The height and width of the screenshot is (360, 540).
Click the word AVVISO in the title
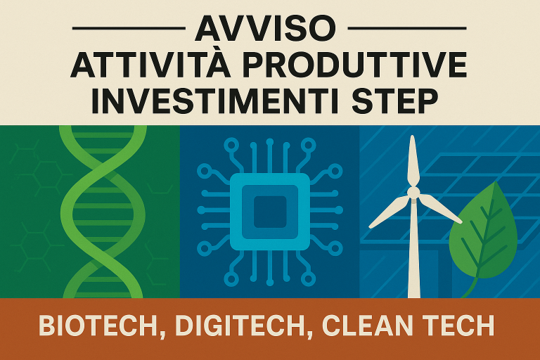click(265, 29)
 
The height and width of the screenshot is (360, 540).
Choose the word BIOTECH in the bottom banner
click(98, 325)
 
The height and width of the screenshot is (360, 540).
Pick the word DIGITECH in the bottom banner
click(240, 325)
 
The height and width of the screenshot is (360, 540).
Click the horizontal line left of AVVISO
click(129, 28)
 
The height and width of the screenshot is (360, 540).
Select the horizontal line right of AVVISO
click(407, 28)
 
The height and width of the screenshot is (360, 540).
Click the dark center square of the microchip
click(270, 212)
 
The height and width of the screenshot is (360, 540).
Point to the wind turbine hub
click(413, 192)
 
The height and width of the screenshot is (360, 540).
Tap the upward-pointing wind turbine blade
click(413, 161)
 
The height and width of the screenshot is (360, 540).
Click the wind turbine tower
click(414, 248)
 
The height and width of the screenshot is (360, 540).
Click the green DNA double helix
click(103, 212)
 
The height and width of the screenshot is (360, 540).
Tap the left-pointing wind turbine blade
click(388, 212)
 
